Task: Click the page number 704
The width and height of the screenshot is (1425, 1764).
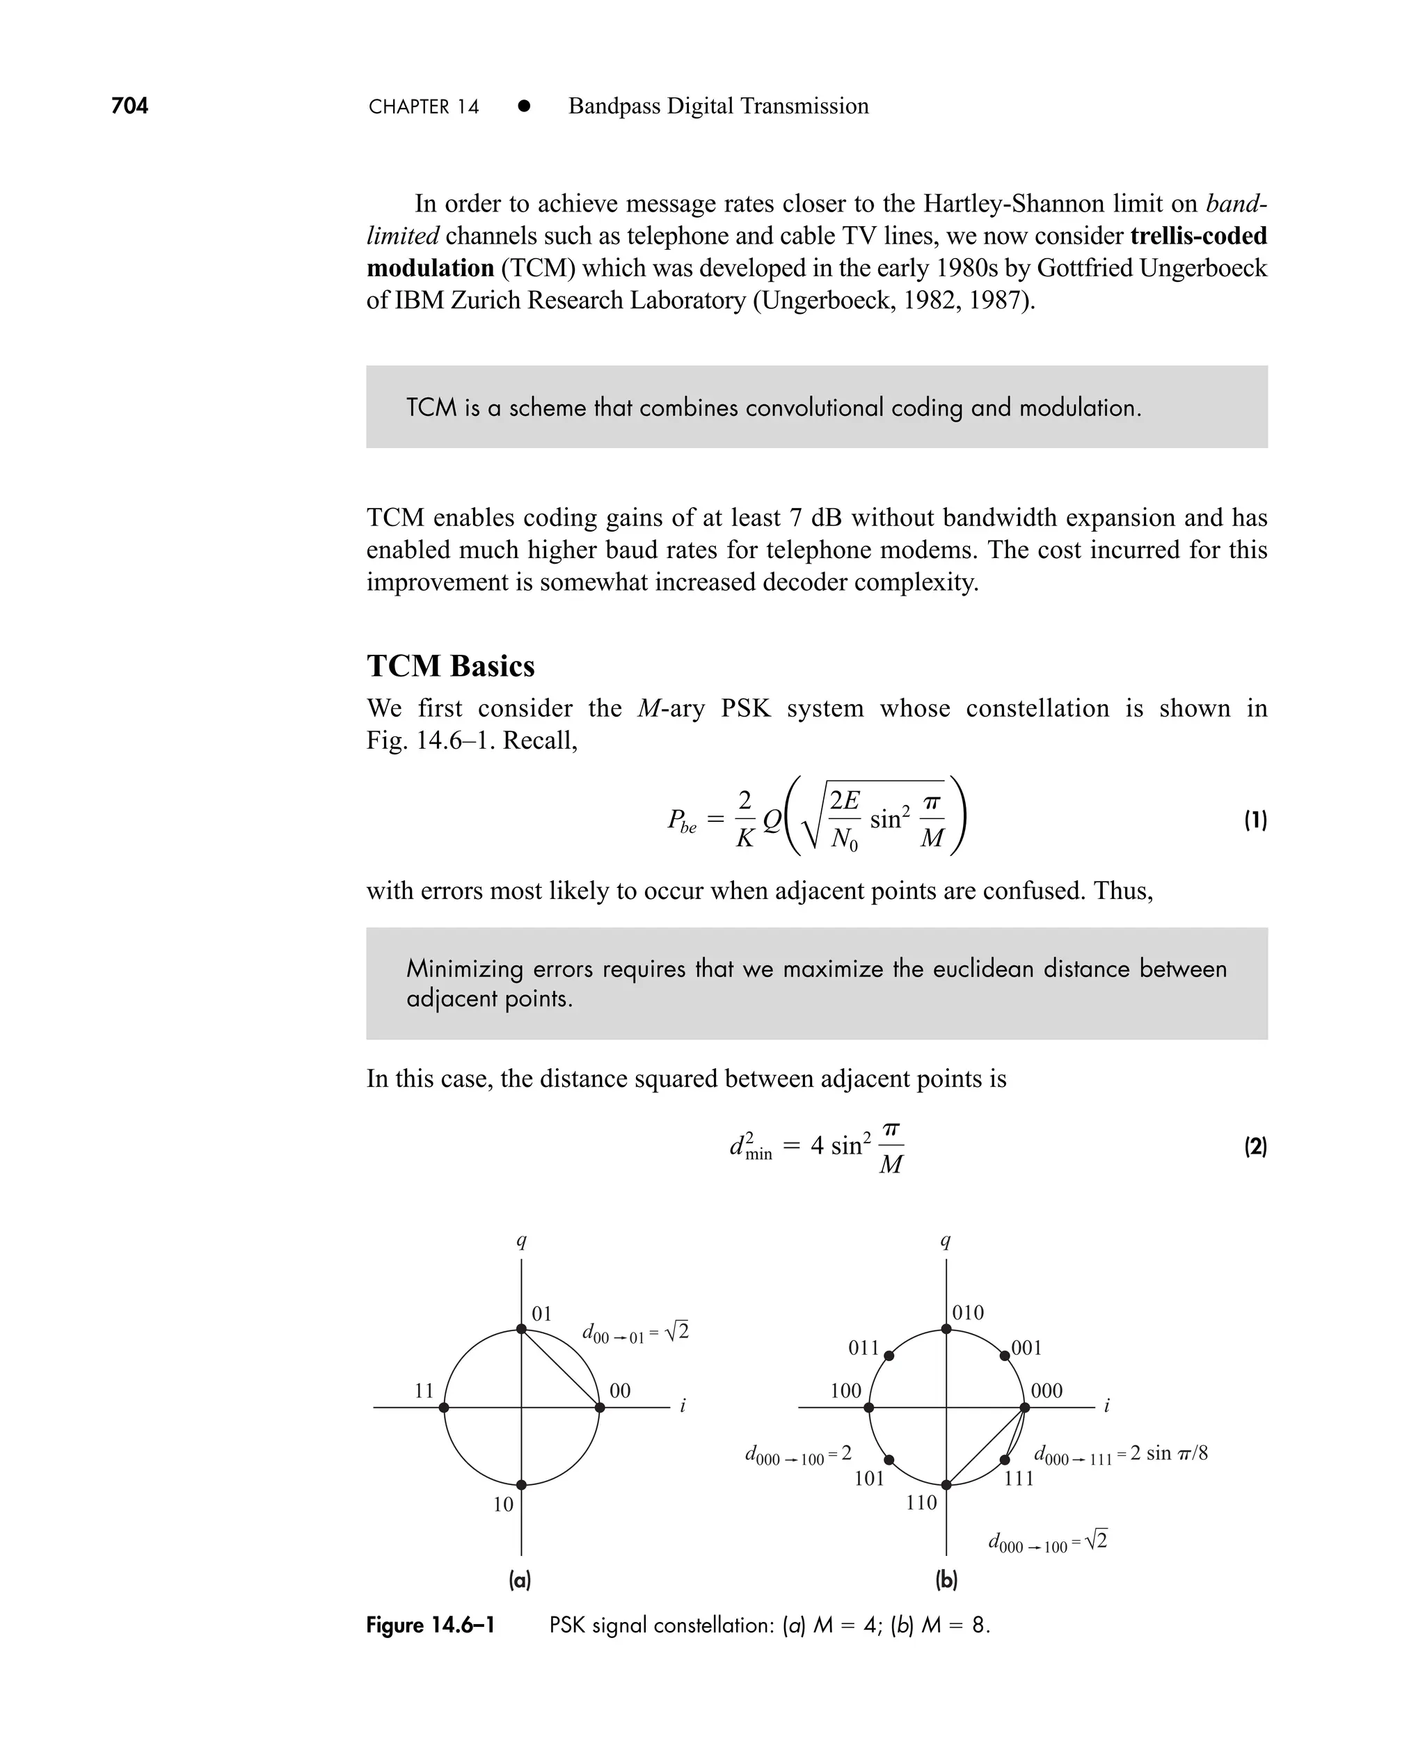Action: [129, 106]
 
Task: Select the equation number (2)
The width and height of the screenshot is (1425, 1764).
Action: [1255, 1146]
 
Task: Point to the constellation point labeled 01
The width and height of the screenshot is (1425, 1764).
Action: [521, 1330]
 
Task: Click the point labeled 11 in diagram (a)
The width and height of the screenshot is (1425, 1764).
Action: [444, 1408]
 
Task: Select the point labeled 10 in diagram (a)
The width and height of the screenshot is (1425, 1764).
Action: [521, 1485]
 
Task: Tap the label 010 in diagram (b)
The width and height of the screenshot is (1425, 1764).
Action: [968, 1312]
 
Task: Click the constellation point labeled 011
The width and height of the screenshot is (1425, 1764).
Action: [889, 1356]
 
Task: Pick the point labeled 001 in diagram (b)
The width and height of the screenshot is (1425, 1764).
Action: [1005, 1356]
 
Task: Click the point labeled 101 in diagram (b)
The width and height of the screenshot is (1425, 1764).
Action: [889, 1461]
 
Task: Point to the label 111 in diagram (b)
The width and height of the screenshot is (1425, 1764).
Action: [1019, 1478]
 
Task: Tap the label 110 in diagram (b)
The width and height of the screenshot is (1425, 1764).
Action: [921, 1503]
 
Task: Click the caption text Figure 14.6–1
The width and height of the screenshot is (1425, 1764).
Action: [430, 1626]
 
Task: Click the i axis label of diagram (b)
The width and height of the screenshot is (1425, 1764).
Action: [1106, 1406]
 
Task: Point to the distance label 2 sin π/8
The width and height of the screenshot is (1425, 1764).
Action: [1168, 1454]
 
